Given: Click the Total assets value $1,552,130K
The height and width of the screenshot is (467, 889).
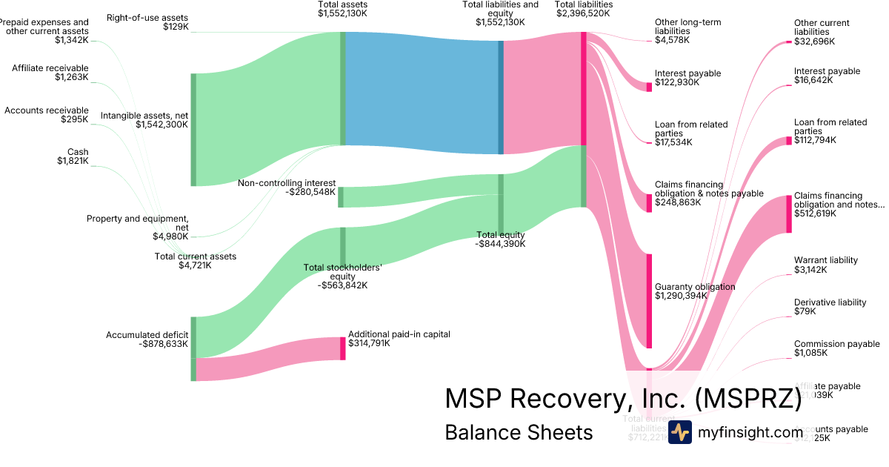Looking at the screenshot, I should [x=342, y=13].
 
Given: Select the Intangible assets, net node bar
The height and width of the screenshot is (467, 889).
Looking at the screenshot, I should [x=194, y=130].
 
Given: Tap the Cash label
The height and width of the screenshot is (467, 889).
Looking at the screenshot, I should [x=78, y=152].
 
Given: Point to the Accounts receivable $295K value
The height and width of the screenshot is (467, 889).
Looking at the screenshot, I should [x=75, y=119].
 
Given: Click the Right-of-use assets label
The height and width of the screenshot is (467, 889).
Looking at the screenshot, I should [x=147, y=17].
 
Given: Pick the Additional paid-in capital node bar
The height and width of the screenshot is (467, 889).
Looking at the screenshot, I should [x=343, y=348].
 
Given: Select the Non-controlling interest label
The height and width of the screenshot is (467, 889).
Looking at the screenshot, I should [x=287, y=183].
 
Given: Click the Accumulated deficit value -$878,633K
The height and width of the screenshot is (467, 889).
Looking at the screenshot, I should [x=163, y=344].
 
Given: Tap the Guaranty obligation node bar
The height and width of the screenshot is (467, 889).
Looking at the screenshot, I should [x=649, y=301].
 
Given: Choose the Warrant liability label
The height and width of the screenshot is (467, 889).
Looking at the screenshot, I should [x=826, y=260].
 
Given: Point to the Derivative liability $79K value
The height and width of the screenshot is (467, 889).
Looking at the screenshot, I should [x=805, y=312].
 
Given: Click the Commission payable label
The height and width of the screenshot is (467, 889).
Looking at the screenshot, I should [x=837, y=344].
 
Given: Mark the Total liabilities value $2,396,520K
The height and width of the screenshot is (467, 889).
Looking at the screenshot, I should [x=584, y=13].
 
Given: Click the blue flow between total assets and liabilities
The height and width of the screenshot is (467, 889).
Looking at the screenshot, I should [x=422, y=93].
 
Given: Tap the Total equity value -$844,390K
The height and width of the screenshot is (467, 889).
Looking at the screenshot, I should [x=501, y=244].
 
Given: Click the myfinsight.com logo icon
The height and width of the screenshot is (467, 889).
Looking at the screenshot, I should [x=680, y=432].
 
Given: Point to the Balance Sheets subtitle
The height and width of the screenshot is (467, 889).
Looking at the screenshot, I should [x=519, y=432].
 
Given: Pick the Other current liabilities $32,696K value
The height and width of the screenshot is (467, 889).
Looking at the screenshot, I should [x=813, y=42].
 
